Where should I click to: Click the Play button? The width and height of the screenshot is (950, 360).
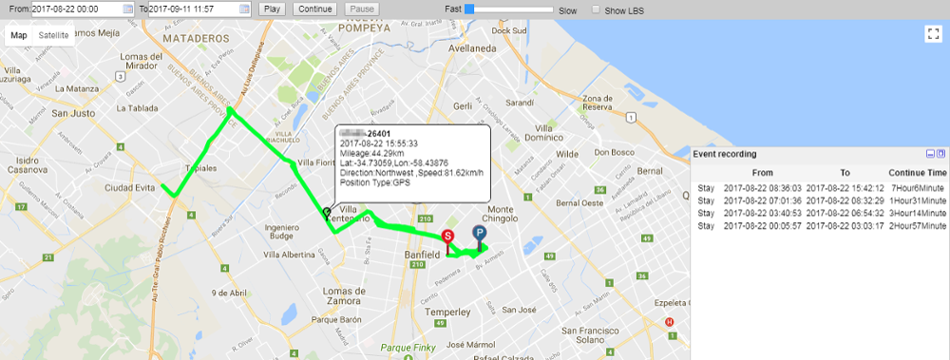pos(272,9)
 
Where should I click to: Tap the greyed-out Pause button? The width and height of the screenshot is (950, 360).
pos(361,9)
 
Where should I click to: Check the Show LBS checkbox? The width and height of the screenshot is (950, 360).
pos(596,9)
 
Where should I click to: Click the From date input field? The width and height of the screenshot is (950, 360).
pos(76,9)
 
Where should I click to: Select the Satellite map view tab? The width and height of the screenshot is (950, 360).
pos(53,35)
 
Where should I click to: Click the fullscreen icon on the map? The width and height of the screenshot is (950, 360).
pos(932,33)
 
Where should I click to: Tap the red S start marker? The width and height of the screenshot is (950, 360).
pos(448,237)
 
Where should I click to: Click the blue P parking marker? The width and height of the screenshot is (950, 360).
pos(479,233)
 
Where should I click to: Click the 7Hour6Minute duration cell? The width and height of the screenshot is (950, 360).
pos(918,188)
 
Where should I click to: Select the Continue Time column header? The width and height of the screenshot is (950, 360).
pos(917,173)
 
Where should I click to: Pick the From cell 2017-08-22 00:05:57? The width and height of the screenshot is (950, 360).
pos(762,226)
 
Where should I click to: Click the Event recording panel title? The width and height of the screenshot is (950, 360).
pos(725,153)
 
